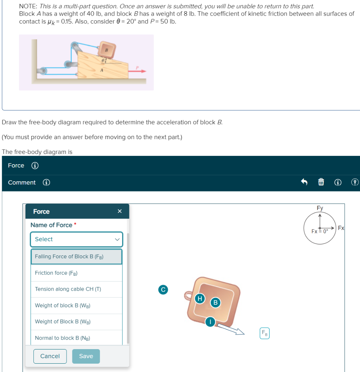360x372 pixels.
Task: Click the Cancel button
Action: [50, 356]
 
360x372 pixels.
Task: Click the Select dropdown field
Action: [76, 239]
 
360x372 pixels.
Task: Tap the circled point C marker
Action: [163, 289]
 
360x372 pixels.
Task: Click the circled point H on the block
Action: [199, 299]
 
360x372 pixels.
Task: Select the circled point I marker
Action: [210, 322]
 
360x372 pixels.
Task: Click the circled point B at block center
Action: [215, 302]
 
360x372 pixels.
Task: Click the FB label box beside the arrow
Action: [265, 333]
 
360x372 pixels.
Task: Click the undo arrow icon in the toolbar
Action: [304, 182]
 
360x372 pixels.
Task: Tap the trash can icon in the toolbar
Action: [321, 182]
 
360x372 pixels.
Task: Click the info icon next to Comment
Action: [47, 182]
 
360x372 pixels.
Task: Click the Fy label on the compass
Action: [320, 208]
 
